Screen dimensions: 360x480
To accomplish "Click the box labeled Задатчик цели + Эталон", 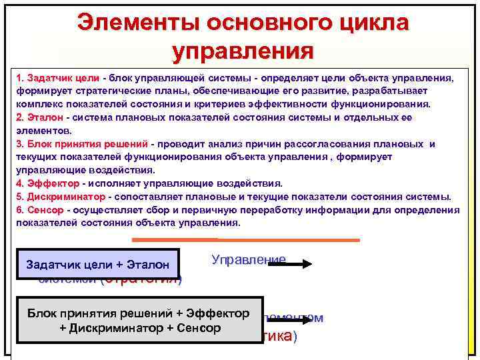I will pyautogui.click(x=98, y=264).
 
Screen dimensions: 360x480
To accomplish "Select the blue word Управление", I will pyautogui.click(x=248, y=259).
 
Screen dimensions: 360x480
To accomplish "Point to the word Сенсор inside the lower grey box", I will pyautogui.click(x=193, y=328).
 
